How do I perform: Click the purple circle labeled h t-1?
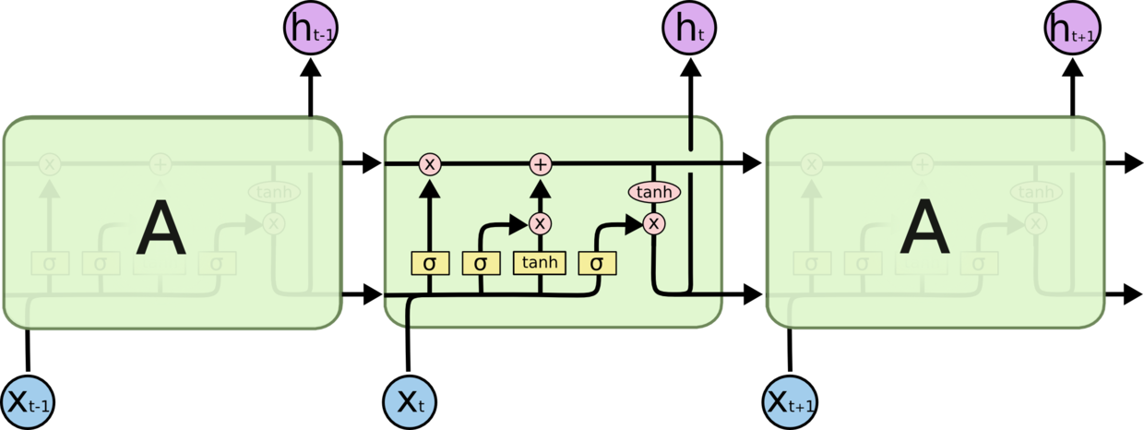click(309, 29)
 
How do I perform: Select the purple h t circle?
click(690, 29)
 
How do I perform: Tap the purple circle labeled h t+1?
click(1072, 29)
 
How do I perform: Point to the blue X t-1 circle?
click(29, 402)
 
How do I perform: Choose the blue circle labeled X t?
click(410, 402)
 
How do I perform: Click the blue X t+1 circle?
click(791, 402)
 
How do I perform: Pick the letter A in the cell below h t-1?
click(161, 230)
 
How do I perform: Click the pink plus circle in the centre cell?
click(541, 164)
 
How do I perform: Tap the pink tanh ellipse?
click(654, 192)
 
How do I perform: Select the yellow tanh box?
click(540, 263)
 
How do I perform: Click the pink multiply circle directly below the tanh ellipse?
click(654, 223)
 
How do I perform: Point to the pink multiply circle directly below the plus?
click(541, 223)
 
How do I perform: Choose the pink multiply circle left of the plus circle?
click(429, 164)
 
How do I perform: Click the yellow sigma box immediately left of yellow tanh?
click(481, 263)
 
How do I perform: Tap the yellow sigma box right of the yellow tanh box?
click(597, 263)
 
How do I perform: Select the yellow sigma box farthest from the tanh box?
click(429, 263)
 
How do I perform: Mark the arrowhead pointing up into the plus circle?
click(541, 187)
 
